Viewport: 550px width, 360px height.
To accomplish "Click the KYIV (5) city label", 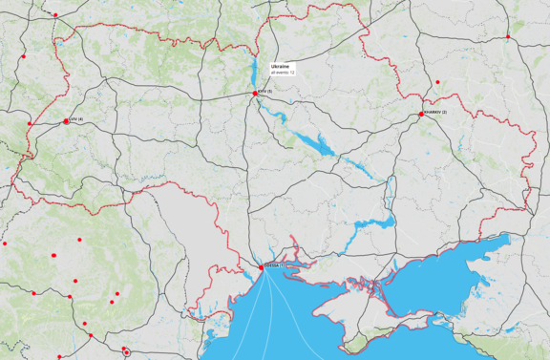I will click(x=264, y=91).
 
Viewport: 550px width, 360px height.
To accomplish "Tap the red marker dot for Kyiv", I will click(x=254, y=93).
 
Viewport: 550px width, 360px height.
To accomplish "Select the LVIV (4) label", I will click(x=76, y=119).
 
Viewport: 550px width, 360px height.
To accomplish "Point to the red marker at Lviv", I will click(x=66, y=121).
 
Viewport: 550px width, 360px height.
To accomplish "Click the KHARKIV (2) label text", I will click(x=435, y=113).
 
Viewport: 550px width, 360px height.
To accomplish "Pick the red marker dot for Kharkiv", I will click(x=421, y=115).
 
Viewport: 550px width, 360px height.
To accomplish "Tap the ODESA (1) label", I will click(x=274, y=265).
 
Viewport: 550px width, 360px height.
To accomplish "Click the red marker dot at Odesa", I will click(x=261, y=267).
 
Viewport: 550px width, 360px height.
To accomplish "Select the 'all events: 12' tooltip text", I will click(x=283, y=72).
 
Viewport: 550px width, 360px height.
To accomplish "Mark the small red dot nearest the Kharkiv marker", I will click(x=436, y=82).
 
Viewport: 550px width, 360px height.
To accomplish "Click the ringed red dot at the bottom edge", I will click(x=127, y=352).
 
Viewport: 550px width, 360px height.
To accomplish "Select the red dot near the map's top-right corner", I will click(x=508, y=37).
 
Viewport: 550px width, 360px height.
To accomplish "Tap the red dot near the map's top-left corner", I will click(x=55, y=15).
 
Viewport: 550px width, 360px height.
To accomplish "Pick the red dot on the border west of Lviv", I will click(x=30, y=123).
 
